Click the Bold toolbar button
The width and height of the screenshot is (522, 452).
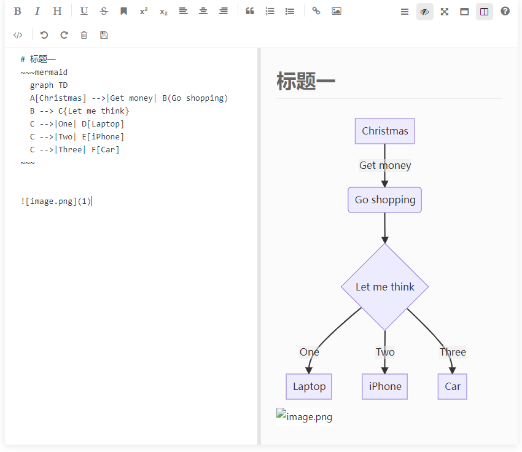[x=18, y=11]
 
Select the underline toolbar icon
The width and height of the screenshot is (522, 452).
[x=84, y=11]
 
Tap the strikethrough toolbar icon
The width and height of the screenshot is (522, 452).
[x=104, y=11]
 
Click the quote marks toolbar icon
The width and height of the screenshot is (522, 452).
[x=250, y=11]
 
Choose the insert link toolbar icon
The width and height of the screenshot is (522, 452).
[x=316, y=11]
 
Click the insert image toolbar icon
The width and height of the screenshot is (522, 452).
[x=336, y=11]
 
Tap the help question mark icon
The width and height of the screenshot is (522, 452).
[x=505, y=11]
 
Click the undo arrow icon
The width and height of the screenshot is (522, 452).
[x=44, y=35]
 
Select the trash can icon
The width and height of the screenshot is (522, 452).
[x=84, y=35]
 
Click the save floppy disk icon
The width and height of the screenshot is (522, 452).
[x=104, y=35]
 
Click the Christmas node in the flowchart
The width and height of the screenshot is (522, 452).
[x=384, y=131]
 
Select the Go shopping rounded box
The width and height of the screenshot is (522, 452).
[x=384, y=200]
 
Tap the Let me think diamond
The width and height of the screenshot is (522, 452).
[x=384, y=287]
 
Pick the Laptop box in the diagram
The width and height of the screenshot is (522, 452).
[x=309, y=386]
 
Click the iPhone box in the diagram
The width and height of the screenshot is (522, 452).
[x=384, y=386]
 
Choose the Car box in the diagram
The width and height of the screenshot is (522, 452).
[x=453, y=386]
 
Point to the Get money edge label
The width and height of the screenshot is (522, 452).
[x=385, y=165]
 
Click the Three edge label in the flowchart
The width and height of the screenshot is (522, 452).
[x=453, y=352]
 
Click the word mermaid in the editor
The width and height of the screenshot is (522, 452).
[x=51, y=72]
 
